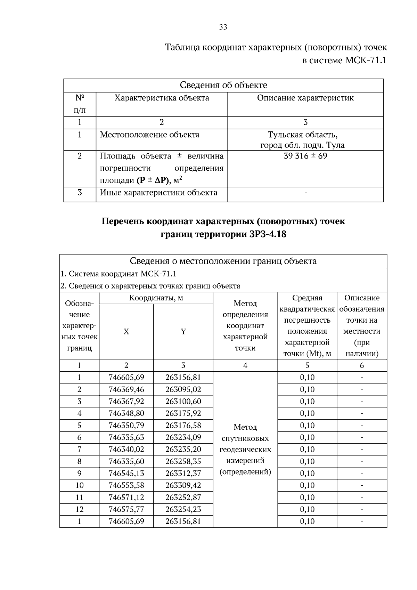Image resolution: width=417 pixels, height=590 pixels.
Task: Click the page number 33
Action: (x=223, y=27)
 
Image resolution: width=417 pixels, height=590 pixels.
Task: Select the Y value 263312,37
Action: (x=183, y=474)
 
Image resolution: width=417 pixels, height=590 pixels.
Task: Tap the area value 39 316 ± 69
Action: (x=305, y=156)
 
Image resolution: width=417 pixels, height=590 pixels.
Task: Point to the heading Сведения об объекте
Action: (x=223, y=85)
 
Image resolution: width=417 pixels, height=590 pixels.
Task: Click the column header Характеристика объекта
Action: (x=162, y=98)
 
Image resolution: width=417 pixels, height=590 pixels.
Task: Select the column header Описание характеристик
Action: (x=305, y=98)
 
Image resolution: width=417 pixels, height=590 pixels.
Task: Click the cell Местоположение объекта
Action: (x=149, y=135)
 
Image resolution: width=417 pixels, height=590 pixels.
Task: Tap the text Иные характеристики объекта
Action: (x=158, y=193)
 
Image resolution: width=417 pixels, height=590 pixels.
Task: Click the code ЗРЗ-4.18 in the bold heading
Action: (x=268, y=235)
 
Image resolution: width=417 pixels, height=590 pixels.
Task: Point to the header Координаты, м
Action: (x=156, y=298)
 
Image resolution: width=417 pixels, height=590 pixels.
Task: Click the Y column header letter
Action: (x=183, y=332)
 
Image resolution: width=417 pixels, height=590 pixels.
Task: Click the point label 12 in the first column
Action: (x=79, y=509)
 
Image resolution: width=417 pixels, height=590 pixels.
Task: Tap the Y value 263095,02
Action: (x=183, y=389)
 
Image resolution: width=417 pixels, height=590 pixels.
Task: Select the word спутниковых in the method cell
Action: (x=245, y=438)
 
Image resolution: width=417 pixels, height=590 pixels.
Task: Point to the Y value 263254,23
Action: (x=183, y=509)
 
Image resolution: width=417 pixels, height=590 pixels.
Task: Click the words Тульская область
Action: (x=302, y=135)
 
